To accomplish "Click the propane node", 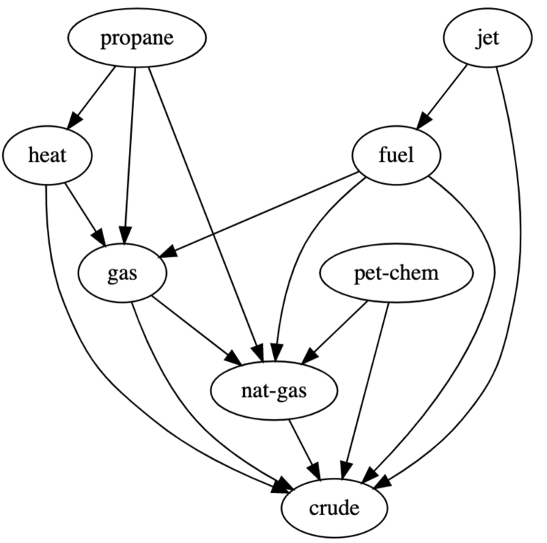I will point(137,38).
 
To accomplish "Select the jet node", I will point(486,38).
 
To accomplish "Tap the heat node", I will point(48,156).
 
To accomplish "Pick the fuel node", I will point(397,156).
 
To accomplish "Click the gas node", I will point(123,275).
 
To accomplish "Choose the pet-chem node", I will point(396,275).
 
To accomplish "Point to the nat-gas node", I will point(275,392).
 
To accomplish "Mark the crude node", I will point(334,508).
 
